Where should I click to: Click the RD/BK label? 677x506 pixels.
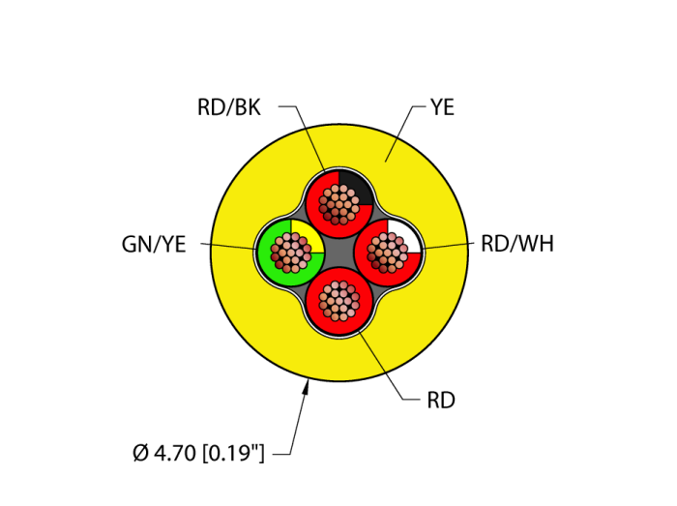(x=229, y=107)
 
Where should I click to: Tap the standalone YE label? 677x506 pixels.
(x=442, y=107)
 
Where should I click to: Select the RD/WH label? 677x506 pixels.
(x=517, y=244)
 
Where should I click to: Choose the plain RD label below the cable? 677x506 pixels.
(x=441, y=401)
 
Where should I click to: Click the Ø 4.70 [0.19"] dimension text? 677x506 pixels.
(x=198, y=452)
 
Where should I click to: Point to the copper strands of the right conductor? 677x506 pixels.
(x=388, y=253)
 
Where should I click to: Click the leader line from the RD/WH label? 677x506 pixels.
(x=450, y=246)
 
